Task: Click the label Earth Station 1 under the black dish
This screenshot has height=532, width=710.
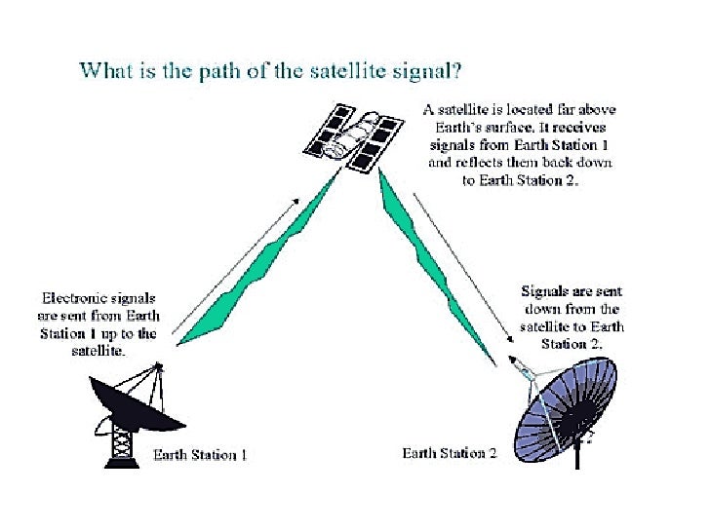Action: pos(200,455)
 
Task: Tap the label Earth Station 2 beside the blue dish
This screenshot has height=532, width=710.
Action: pos(450,453)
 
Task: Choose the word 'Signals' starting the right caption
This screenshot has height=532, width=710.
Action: pos(547,291)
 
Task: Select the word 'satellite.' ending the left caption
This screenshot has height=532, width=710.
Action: pos(99,352)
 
